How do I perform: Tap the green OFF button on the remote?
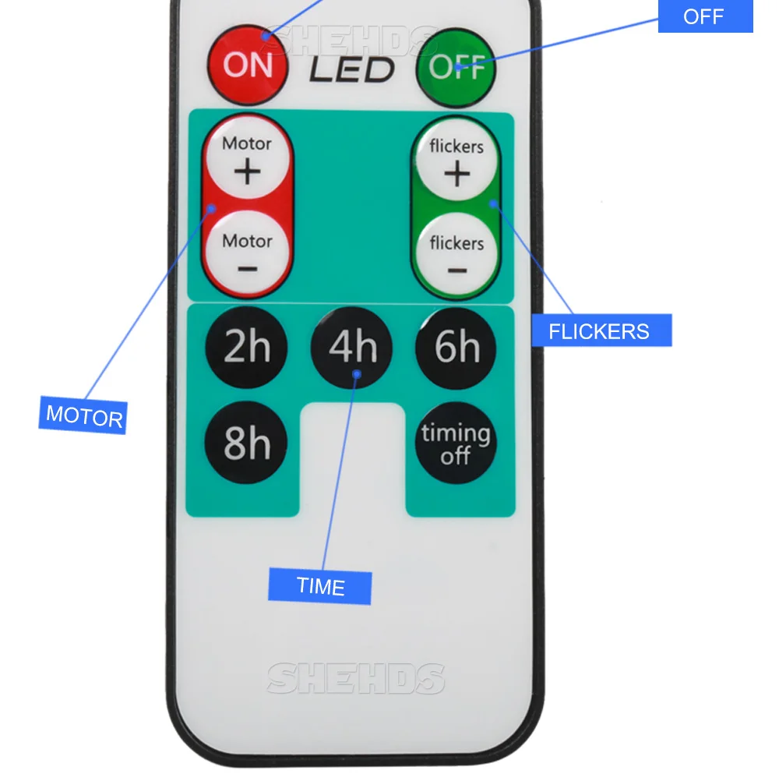click(x=456, y=68)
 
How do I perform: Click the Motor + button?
click(x=248, y=158)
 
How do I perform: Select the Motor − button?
click(x=248, y=253)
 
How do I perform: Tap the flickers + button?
click(x=456, y=161)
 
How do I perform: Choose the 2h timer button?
click(x=246, y=347)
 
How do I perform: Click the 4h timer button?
click(x=351, y=347)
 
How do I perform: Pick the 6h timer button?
click(x=456, y=348)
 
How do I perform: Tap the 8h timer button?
click(x=246, y=442)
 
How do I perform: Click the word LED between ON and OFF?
click(x=352, y=69)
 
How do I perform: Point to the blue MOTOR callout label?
click(x=83, y=415)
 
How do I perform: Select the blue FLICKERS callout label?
click(x=602, y=330)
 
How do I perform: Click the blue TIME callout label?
click(x=320, y=586)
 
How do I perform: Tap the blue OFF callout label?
click(x=705, y=16)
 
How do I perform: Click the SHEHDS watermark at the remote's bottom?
click(x=356, y=678)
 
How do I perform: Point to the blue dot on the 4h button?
click(x=357, y=374)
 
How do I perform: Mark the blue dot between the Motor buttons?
click(x=212, y=209)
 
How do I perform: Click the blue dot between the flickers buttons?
click(x=493, y=203)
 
